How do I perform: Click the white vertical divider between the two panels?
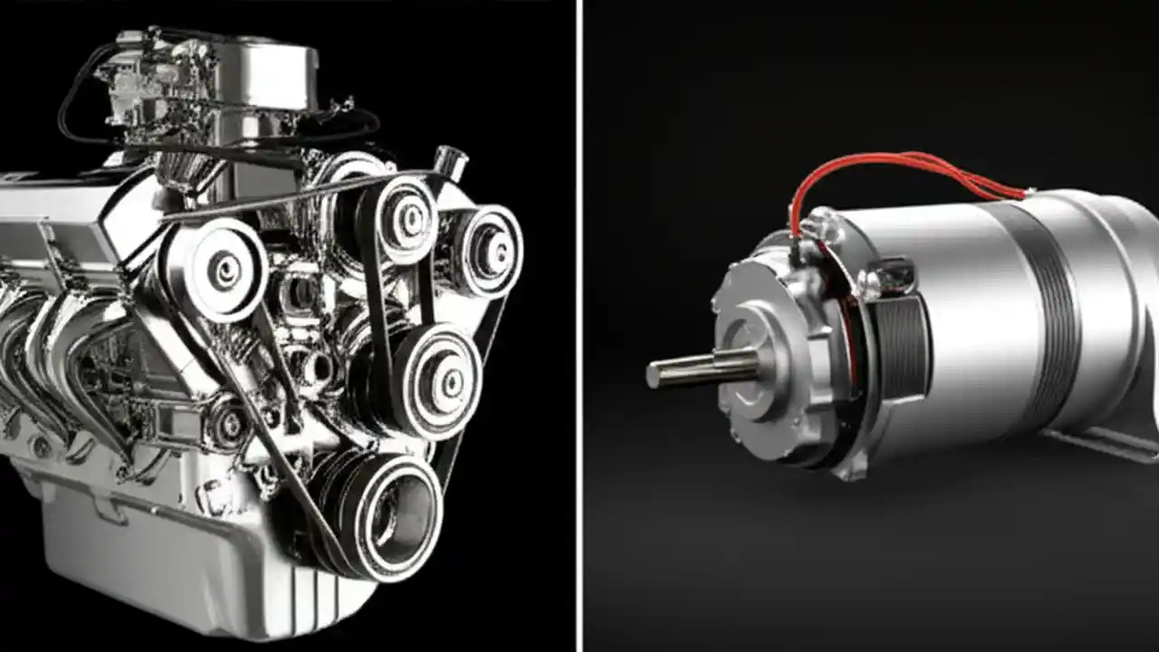pyautogui.click(x=579, y=326)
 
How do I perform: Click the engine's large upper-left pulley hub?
pyautogui.click(x=222, y=268)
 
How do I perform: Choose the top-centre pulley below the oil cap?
pyautogui.click(x=407, y=218)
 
